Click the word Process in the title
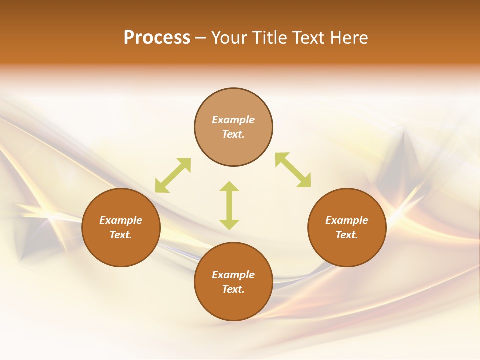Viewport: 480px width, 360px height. tap(157, 38)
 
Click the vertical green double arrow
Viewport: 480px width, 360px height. tap(229, 205)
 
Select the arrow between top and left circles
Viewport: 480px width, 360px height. tap(173, 175)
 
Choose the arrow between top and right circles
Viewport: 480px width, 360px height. tap(293, 170)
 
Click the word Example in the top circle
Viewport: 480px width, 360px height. tap(233, 120)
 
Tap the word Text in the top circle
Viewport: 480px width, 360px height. tap(233, 135)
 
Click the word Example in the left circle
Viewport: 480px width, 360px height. tap(121, 220)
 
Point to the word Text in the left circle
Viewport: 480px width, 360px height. tap(121, 235)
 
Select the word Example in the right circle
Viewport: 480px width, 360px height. tap(347, 220)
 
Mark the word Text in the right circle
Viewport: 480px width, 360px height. tap(347, 235)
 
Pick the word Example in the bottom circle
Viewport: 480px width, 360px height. tap(233, 275)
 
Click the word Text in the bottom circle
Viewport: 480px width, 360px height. tap(233, 290)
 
